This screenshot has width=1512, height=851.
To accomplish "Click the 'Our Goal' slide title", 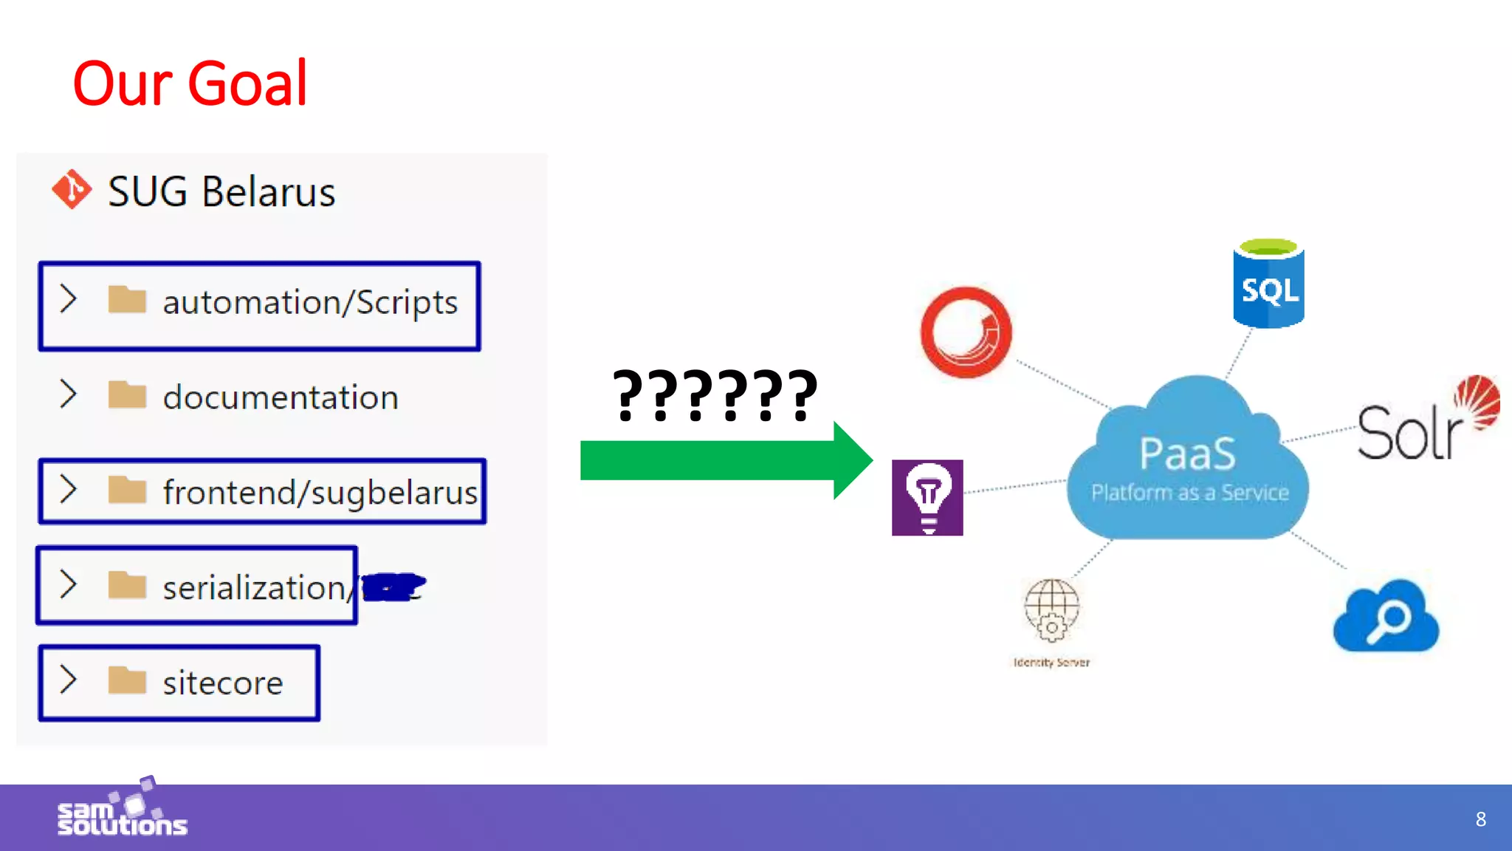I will [190, 83].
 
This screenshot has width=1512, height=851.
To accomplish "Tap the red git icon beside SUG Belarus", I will [72, 190].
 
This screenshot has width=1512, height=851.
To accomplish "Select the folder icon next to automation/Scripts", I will [127, 300].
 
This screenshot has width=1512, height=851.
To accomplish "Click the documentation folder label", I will [281, 397].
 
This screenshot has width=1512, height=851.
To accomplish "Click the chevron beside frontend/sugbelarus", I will [68, 489].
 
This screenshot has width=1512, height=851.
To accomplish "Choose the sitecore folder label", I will [223, 683].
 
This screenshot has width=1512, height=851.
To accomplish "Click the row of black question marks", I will [715, 395].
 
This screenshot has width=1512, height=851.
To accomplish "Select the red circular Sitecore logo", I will [966, 332].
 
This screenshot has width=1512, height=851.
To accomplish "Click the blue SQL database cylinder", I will [1268, 284].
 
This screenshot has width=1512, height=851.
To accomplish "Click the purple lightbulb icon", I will [927, 497].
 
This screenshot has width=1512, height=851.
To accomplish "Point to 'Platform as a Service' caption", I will [1190, 493].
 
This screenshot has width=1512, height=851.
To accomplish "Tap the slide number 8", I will [1480, 819].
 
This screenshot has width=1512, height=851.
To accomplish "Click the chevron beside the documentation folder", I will [68, 394].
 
